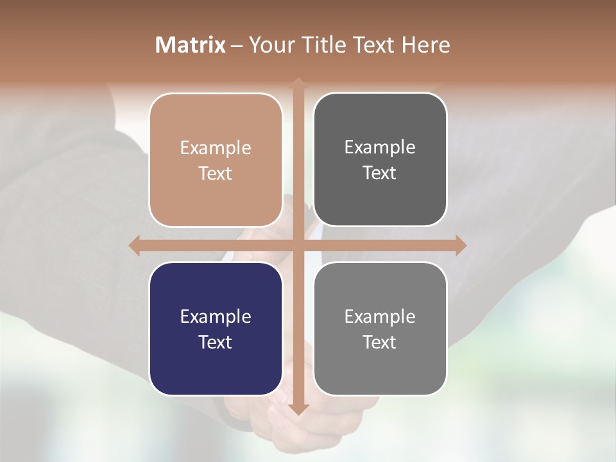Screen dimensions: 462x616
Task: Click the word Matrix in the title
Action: click(191, 45)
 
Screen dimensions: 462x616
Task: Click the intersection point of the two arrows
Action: click(298, 245)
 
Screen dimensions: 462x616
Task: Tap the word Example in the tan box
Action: click(216, 148)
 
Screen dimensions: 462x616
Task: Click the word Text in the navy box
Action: click(216, 342)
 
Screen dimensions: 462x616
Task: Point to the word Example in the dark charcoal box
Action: click(380, 148)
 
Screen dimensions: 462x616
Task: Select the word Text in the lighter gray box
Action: click(380, 342)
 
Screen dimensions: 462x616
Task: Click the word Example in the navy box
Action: click(216, 317)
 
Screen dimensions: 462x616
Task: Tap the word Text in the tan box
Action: click(216, 173)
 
